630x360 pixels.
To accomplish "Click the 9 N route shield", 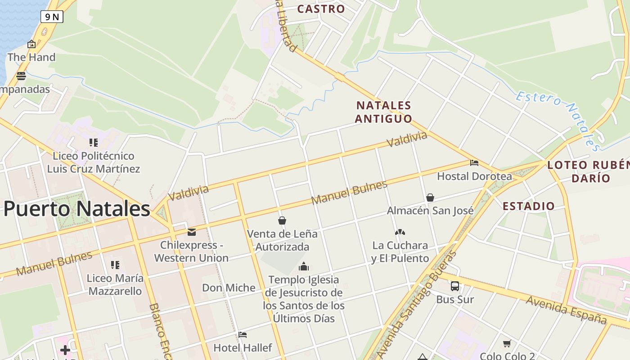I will pyautogui.click(x=52, y=17).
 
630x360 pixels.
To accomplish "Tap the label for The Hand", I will pyautogui.click(x=31, y=57).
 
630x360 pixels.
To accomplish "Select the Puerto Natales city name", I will pyautogui.click(x=76, y=209).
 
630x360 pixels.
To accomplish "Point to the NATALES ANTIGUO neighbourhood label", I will pyautogui.click(x=383, y=112).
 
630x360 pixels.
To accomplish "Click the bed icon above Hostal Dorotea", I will pyautogui.click(x=474, y=163).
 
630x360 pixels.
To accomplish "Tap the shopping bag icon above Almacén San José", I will pyautogui.click(x=430, y=198).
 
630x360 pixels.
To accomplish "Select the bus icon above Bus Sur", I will pyautogui.click(x=455, y=286).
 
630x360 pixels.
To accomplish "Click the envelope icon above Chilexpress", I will pyautogui.click(x=192, y=232).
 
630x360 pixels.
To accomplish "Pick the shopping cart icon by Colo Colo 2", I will pyautogui.click(x=507, y=344).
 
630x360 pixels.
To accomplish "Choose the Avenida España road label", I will pyautogui.click(x=566, y=310).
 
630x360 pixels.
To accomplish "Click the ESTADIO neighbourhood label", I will pyautogui.click(x=529, y=207).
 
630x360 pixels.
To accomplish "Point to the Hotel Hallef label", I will pyautogui.click(x=243, y=348).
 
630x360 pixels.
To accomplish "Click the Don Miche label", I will pyautogui.click(x=229, y=288).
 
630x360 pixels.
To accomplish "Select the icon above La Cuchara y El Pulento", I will pyautogui.click(x=400, y=232).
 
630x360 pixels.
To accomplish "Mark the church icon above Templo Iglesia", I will pyautogui.click(x=304, y=266).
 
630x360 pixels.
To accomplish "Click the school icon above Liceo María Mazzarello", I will pyautogui.click(x=115, y=265).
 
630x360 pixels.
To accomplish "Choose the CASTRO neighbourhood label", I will pyautogui.click(x=321, y=9).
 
